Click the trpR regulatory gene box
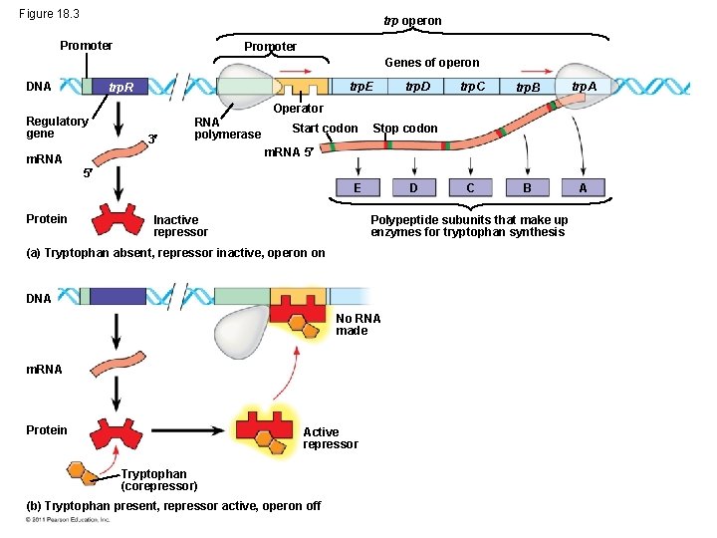(x=119, y=87)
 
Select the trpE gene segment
(x=359, y=87)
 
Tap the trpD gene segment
(x=415, y=87)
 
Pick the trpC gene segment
(x=471, y=87)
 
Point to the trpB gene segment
(x=527, y=87)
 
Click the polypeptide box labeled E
(x=358, y=187)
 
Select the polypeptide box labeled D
(x=414, y=187)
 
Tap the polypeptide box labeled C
(x=470, y=187)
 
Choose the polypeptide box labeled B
(x=527, y=187)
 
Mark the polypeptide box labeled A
(x=583, y=187)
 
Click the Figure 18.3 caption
(x=49, y=14)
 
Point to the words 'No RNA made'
(x=358, y=325)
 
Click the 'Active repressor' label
(x=331, y=437)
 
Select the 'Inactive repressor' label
(x=180, y=226)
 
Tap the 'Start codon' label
(x=325, y=129)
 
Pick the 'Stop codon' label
(x=405, y=129)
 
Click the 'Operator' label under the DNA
(x=298, y=109)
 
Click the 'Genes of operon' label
(x=432, y=62)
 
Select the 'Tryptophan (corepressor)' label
(x=159, y=480)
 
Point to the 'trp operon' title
(x=412, y=21)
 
